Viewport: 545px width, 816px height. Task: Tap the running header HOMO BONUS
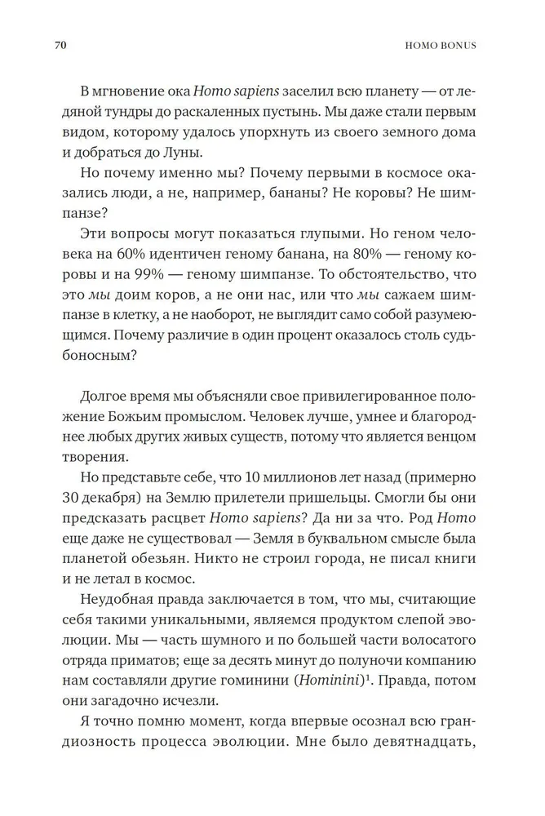click(x=444, y=45)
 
